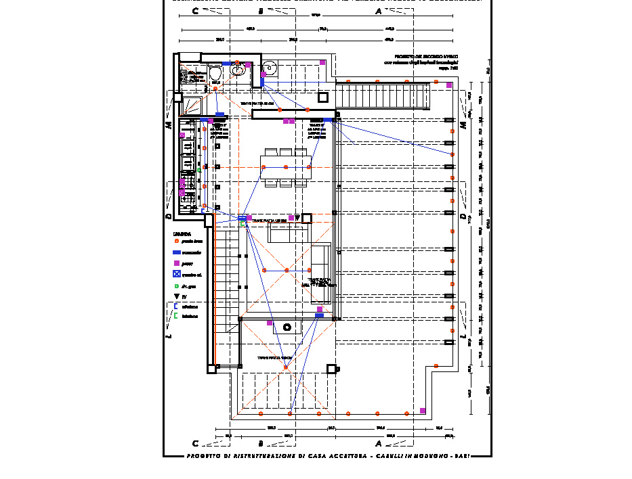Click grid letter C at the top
coord(196,12)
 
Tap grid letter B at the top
coord(261,12)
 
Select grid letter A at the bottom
coord(378,444)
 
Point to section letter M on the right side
coord(464,125)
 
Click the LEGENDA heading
coord(182,233)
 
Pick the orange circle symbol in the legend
coord(176,241)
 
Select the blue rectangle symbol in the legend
coord(176,252)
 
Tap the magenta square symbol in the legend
coord(176,263)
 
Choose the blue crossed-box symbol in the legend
coord(176,274)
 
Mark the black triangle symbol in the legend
coord(176,296)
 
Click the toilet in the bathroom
coord(215,72)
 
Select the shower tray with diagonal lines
coord(192,105)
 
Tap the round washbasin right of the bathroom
coord(270,68)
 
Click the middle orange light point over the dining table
coord(286,166)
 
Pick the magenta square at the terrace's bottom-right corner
coord(423,411)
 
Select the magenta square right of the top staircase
coord(449,85)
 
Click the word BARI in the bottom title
coord(463,456)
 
